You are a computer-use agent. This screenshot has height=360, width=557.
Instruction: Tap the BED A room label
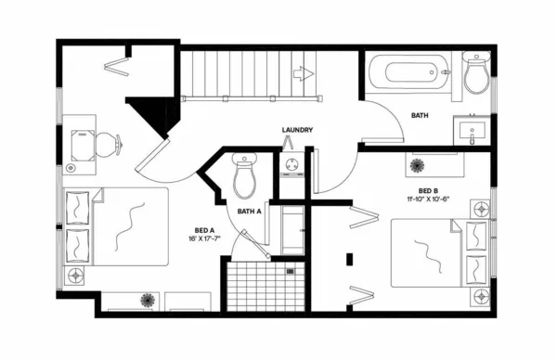coord(205,230)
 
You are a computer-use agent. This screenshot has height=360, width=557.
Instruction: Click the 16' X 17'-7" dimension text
coord(205,239)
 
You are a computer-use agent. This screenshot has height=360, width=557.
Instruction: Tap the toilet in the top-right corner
coord(476,76)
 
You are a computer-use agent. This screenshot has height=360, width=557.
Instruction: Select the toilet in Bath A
coord(245,175)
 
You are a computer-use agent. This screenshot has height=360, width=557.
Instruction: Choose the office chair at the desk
coord(105,144)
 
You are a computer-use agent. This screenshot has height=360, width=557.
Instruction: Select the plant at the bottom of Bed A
coord(147,300)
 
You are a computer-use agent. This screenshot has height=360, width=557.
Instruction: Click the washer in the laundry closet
coord(292,167)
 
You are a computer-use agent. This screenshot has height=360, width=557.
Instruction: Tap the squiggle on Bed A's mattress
coord(123,225)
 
